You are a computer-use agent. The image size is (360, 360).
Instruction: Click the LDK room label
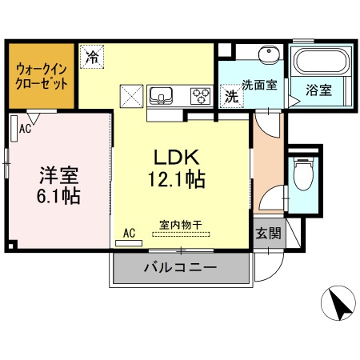click(177, 157)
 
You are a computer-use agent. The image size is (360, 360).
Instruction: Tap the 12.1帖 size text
click(176, 179)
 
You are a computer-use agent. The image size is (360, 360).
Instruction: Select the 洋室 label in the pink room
click(58, 175)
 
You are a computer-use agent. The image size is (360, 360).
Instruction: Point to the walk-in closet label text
click(42, 77)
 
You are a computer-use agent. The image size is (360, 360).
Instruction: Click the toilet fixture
click(303, 174)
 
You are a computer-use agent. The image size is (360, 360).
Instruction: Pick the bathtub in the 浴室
click(322, 62)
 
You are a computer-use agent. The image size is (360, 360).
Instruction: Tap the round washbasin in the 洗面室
click(269, 54)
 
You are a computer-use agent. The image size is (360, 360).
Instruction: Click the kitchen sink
click(161, 96)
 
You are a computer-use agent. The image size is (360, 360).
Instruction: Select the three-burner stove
click(201, 96)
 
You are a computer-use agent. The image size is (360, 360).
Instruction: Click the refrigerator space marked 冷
click(92, 57)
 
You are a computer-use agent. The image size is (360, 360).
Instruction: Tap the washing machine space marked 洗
click(231, 96)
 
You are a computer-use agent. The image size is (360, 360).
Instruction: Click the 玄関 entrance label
click(269, 233)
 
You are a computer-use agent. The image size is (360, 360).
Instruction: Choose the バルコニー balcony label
click(180, 267)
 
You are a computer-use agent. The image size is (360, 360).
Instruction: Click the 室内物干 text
click(181, 226)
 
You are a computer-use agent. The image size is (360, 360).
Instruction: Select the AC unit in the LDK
click(129, 243)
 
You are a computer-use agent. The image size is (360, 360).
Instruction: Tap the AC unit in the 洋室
click(14, 128)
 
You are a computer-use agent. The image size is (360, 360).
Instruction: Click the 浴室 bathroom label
click(318, 90)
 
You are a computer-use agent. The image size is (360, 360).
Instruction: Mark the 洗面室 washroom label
click(259, 85)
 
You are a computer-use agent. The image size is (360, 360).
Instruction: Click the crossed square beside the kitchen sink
click(131, 96)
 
